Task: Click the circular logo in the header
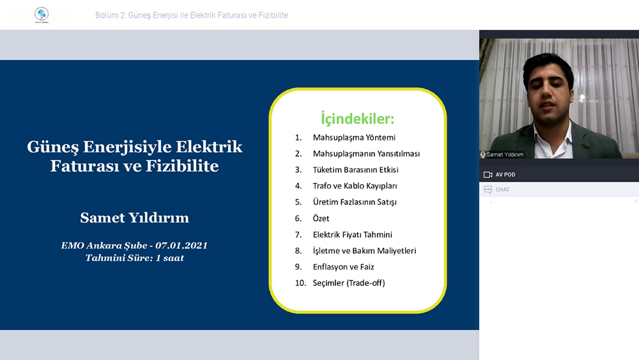(x=41, y=14)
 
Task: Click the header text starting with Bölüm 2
(x=192, y=15)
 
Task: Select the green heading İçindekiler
(x=357, y=119)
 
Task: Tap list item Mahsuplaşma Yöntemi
(x=354, y=137)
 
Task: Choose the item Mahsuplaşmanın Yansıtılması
(x=366, y=153)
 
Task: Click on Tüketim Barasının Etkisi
(x=355, y=169)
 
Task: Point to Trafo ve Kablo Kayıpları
(x=355, y=186)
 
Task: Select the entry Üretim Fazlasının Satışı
(x=355, y=202)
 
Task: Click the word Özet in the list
(x=321, y=218)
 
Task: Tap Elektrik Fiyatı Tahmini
(x=352, y=235)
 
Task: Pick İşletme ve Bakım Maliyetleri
(x=364, y=251)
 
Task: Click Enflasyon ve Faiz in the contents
(x=343, y=267)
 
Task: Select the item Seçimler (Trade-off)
(x=348, y=283)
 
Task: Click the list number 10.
(x=300, y=283)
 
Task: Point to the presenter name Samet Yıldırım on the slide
(x=134, y=217)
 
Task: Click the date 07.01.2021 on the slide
(x=181, y=246)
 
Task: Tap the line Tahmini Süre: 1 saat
(x=134, y=258)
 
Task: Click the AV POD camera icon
(x=488, y=175)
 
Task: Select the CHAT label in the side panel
(x=502, y=189)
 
